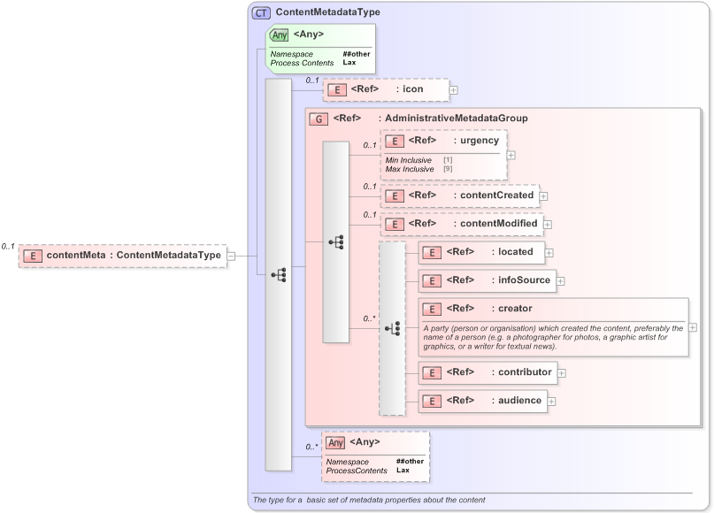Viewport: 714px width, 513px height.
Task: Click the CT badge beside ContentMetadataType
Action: point(261,12)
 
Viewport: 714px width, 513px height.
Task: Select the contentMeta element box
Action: point(123,256)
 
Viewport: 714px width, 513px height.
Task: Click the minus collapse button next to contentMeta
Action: point(231,256)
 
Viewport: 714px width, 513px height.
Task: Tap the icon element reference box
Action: point(386,89)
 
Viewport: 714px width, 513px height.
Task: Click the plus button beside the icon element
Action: point(453,89)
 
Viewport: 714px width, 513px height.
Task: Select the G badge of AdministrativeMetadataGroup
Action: point(317,119)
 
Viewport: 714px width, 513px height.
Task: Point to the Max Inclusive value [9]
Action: point(448,168)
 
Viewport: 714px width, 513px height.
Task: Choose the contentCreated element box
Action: point(460,195)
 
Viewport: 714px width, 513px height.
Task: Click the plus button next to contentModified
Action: point(547,225)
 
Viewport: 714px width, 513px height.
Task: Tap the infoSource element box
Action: point(486,280)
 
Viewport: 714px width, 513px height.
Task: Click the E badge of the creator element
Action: point(432,309)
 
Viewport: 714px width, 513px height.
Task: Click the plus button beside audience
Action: point(552,401)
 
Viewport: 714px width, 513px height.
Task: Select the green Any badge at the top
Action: point(279,34)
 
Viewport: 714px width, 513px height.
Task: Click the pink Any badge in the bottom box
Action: point(335,442)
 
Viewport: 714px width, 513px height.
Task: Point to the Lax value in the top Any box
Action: point(350,63)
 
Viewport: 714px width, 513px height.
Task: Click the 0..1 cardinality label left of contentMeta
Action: point(8,247)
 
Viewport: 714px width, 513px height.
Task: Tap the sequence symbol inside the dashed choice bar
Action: point(392,328)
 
